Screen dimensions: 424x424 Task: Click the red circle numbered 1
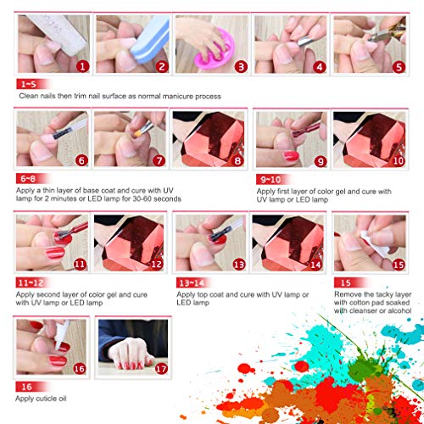(82, 65)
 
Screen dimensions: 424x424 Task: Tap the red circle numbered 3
(241, 65)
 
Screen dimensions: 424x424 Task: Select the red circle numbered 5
(398, 65)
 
